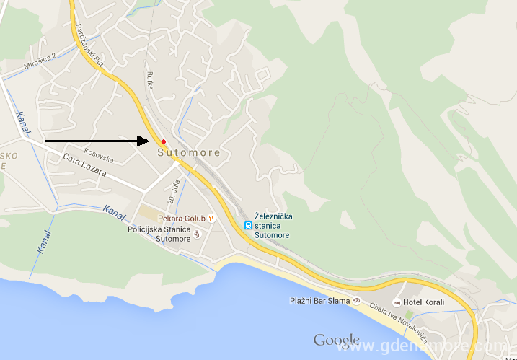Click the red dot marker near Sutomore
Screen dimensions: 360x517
tap(164, 141)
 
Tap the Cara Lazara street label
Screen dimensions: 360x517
tap(84, 167)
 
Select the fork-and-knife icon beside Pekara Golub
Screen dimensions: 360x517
tap(211, 218)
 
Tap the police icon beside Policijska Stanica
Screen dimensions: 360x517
tap(198, 234)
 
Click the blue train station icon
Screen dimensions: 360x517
tap(247, 225)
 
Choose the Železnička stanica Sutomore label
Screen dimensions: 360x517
tap(273, 225)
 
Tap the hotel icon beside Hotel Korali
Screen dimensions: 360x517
tap(397, 302)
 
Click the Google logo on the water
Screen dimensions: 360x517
tap(337, 340)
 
